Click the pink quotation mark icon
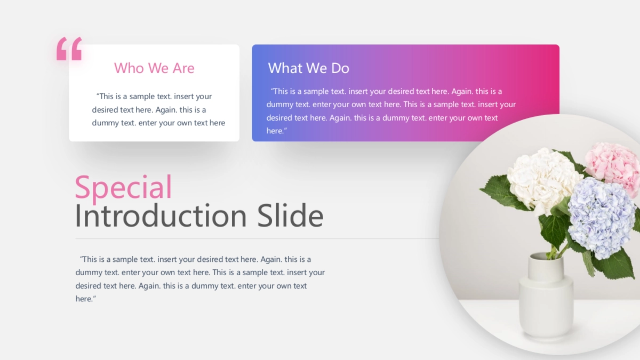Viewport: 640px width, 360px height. pyautogui.click(x=69, y=49)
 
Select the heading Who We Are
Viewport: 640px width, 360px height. pyautogui.click(x=154, y=68)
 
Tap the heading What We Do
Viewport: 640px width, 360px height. pyautogui.click(x=309, y=68)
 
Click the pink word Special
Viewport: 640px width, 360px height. pyautogui.click(x=123, y=187)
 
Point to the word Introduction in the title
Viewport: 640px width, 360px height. pyautogui.click(x=161, y=215)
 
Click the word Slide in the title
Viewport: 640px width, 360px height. pyautogui.click(x=290, y=215)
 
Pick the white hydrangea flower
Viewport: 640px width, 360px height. pyautogui.click(x=541, y=180)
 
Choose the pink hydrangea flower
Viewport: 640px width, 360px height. pyautogui.click(x=613, y=166)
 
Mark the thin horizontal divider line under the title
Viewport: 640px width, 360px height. pyautogui.click(x=257, y=238)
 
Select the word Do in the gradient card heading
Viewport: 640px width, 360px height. pyautogui.click(x=340, y=68)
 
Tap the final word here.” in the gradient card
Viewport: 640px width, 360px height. pyautogui.click(x=277, y=131)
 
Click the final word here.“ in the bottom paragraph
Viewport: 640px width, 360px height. pyautogui.click(x=86, y=299)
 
